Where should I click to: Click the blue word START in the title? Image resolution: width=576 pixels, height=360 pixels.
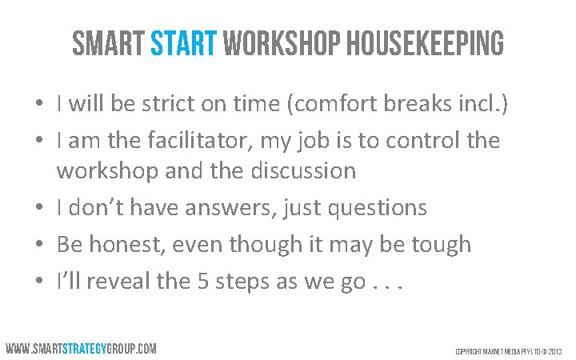click(183, 45)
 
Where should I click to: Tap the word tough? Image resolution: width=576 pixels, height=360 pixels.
click(439, 245)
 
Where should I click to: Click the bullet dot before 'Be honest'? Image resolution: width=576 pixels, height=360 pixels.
click(38, 245)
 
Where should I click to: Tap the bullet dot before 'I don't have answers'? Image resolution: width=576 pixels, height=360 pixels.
click(38, 208)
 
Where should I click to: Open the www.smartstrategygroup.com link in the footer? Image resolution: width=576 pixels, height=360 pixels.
click(81, 349)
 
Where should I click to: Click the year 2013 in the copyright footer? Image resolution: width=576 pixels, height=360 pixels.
click(555, 351)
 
